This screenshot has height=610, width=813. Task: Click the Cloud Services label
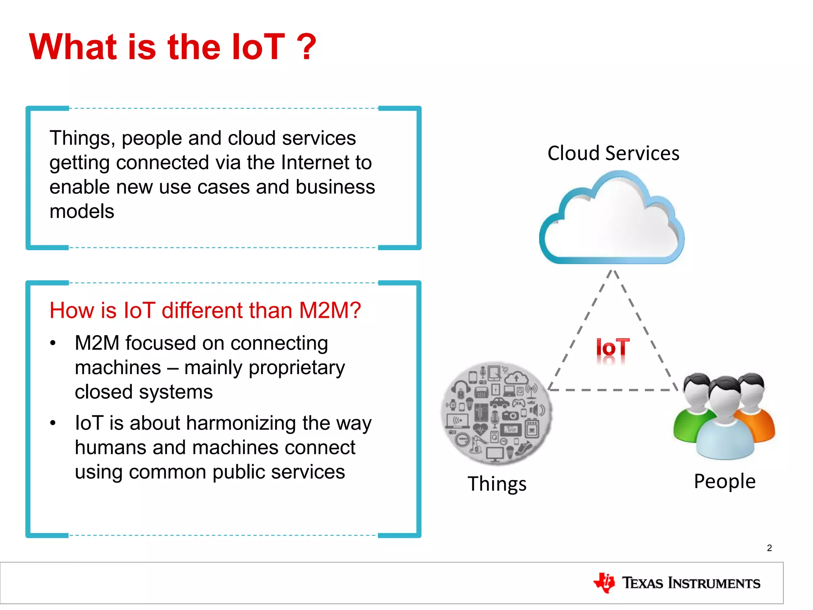613,153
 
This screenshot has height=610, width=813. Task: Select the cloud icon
612,221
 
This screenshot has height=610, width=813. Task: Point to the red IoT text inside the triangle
613,348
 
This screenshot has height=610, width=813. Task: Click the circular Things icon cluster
496,413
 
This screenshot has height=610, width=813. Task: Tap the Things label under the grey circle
497,484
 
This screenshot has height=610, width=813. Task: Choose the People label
724,481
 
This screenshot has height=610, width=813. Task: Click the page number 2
769,548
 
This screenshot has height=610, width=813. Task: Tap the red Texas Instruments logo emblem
604,583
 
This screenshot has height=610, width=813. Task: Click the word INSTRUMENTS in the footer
714,583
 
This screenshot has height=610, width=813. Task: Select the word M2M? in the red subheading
330,310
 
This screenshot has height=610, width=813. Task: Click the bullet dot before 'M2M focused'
53,343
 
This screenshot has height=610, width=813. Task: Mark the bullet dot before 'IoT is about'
53,423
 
